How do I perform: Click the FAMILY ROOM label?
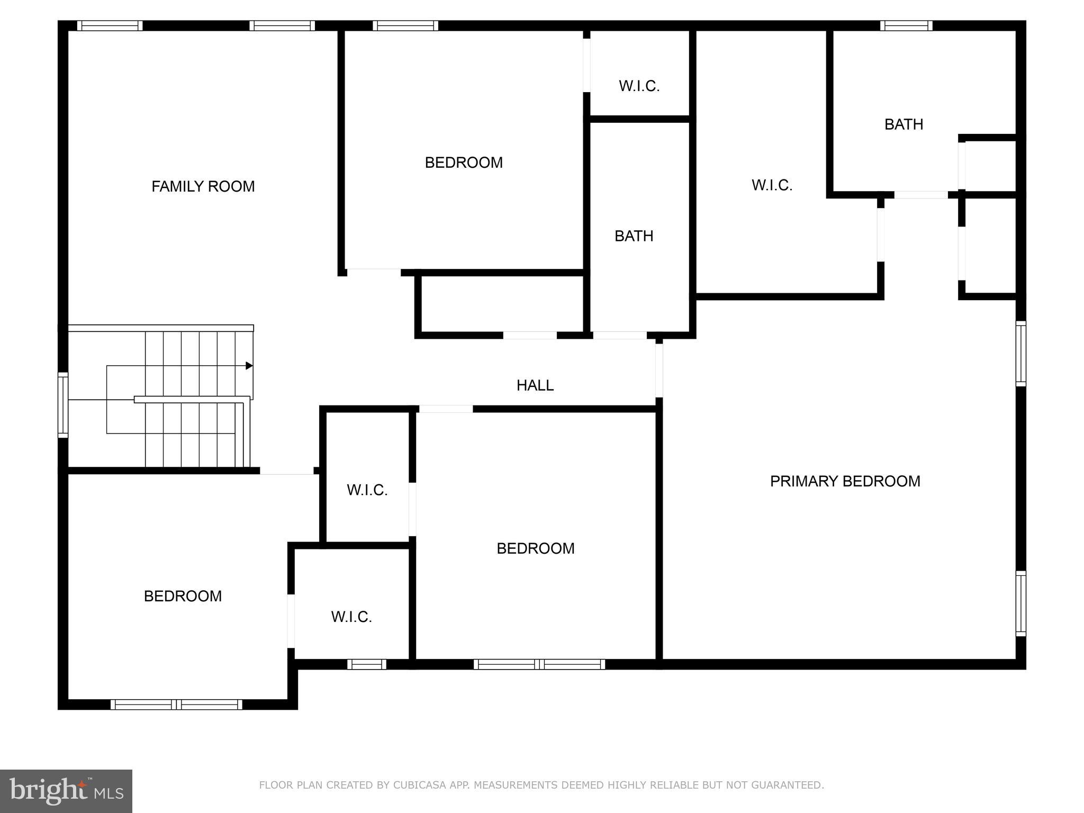click(x=203, y=186)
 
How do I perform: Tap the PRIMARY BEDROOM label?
click(x=845, y=481)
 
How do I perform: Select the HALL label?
click(x=535, y=385)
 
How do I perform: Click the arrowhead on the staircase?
click(x=249, y=366)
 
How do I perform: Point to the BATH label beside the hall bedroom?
click(x=634, y=236)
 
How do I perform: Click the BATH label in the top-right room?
click(x=904, y=124)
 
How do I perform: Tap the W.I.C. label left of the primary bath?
click(x=772, y=185)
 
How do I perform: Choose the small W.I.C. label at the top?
click(x=639, y=86)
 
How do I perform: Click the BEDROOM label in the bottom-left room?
click(x=183, y=596)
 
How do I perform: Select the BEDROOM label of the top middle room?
click(x=464, y=162)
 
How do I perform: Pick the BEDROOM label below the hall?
click(x=535, y=548)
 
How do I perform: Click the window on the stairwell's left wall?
click(x=63, y=405)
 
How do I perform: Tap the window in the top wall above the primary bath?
click(x=906, y=25)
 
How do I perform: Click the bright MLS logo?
click(x=66, y=791)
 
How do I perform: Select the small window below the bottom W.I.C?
click(x=367, y=664)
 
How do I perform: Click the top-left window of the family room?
click(x=110, y=25)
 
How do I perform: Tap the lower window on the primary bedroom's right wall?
click(x=1021, y=603)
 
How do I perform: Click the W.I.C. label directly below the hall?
click(x=367, y=490)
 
